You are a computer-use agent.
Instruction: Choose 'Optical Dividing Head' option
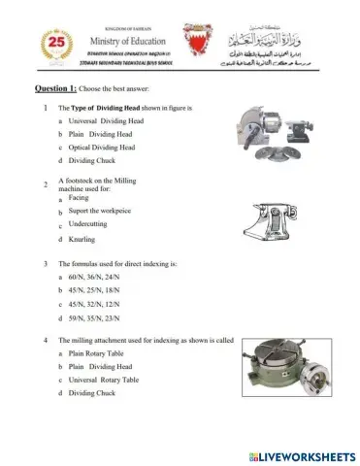pyautogui.click(x=101, y=147)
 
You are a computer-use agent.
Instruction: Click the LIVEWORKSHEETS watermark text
pyautogui.click(x=302, y=453)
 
